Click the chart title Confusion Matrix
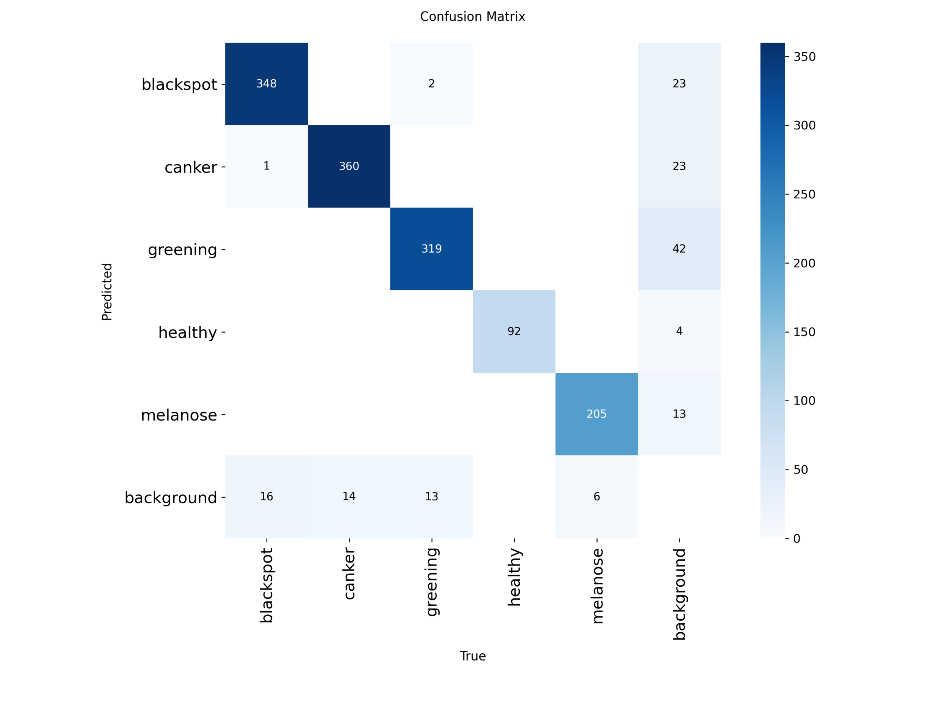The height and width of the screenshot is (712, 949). [x=472, y=17]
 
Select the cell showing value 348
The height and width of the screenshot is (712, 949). [x=267, y=84]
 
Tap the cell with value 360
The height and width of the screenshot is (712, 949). [x=349, y=166]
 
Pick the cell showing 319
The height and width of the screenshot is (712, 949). [x=431, y=248]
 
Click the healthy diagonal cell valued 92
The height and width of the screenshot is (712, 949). [x=514, y=331]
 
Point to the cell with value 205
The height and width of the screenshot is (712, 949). [x=596, y=414]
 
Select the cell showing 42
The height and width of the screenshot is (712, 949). [x=679, y=248]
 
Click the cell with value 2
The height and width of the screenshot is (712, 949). [x=431, y=84]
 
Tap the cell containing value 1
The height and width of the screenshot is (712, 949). [x=267, y=166]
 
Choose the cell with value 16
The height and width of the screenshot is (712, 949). [x=267, y=497]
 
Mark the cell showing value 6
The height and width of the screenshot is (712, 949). [x=596, y=497]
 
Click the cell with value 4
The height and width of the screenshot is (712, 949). [x=679, y=331]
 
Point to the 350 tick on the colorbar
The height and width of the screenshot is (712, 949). [x=804, y=57]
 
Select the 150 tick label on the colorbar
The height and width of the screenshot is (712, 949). [x=804, y=332]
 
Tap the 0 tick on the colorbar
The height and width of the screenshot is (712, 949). [x=796, y=538]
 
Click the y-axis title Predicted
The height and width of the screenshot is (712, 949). [x=107, y=292]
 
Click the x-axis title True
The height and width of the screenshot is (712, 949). [x=472, y=656]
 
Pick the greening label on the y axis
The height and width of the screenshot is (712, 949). [x=182, y=249]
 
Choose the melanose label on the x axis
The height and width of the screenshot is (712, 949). [x=597, y=586]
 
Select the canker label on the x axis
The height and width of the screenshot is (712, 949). [x=349, y=574]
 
